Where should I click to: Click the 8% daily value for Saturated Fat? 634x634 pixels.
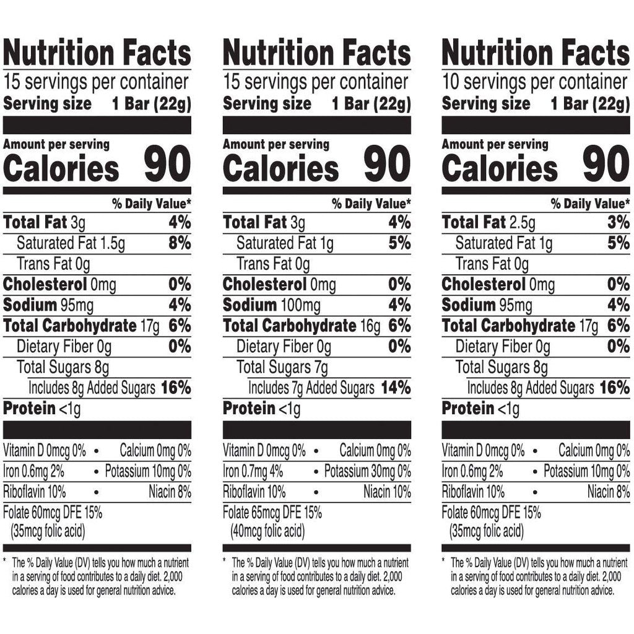pyautogui.click(x=180, y=243)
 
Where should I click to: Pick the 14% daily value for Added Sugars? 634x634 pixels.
pyautogui.click(x=396, y=388)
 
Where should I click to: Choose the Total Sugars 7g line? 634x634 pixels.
pyautogui.click(x=282, y=368)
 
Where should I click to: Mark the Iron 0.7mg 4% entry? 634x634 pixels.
pyautogui.click(x=253, y=472)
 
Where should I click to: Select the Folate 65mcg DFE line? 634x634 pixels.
pyautogui.click(x=272, y=513)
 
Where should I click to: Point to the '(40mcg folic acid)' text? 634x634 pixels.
pyautogui.click(x=268, y=532)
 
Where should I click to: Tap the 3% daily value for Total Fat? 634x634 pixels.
pyautogui.click(x=618, y=222)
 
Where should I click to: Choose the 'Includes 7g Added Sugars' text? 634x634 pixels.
pyautogui.click(x=311, y=388)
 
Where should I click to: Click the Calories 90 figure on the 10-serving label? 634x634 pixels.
pyautogui.click(x=606, y=165)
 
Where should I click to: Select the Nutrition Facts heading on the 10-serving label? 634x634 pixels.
pyautogui.click(x=536, y=53)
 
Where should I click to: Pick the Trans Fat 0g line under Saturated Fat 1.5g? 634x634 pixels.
pyautogui.click(x=53, y=264)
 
